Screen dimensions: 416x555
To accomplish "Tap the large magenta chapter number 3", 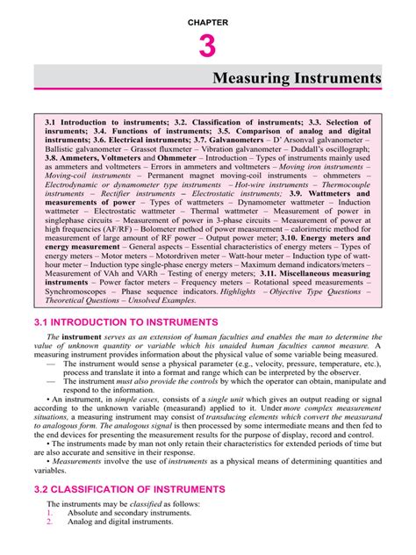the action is tap(207, 45).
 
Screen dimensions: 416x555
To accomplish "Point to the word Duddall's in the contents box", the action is tap(319, 150).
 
